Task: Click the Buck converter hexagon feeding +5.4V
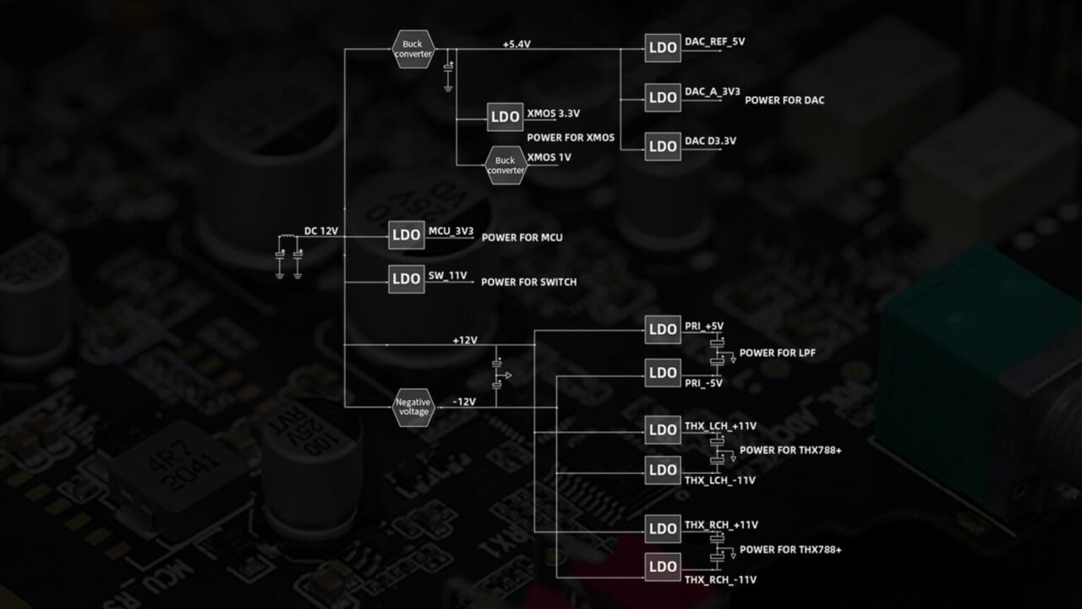click(x=413, y=49)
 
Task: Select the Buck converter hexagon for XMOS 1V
click(x=505, y=165)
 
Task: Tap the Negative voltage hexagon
click(x=413, y=408)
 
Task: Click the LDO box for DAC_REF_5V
click(x=663, y=48)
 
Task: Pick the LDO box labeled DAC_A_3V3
click(x=663, y=97)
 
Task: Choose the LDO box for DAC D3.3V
click(x=663, y=146)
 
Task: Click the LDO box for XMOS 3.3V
click(x=505, y=117)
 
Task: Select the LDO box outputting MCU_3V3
click(x=407, y=235)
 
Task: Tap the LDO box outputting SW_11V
click(x=407, y=279)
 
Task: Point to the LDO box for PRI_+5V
click(x=663, y=330)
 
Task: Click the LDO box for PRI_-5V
click(x=663, y=373)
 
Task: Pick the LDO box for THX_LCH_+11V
click(x=663, y=431)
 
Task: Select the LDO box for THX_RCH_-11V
click(x=663, y=567)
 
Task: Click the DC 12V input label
click(x=321, y=231)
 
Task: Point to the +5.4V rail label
click(x=516, y=45)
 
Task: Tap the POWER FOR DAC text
click(x=784, y=101)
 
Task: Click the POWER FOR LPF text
click(x=777, y=354)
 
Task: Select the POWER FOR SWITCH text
click(x=529, y=283)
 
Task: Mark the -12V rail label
click(x=464, y=402)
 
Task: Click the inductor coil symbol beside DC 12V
click(x=288, y=236)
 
